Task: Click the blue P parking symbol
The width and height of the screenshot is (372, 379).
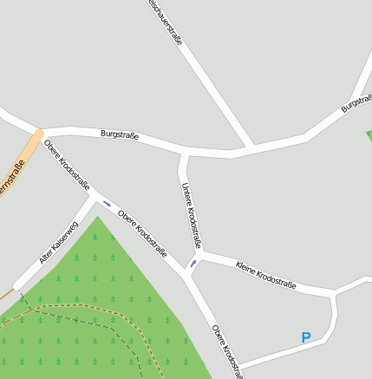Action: click(x=305, y=338)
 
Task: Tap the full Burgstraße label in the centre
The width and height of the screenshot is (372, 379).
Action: click(x=120, y=134)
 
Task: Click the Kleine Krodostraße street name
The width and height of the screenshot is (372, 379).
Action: click(x=266, y=274)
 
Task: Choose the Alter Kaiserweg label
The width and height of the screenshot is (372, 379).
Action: click(x=59, y=243)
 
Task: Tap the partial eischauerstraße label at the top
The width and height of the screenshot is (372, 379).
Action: click(x=165, y=22)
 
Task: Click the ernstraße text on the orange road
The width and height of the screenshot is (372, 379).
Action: click(x=11, y=179)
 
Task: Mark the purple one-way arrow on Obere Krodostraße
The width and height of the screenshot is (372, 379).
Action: click(x=108, y=204)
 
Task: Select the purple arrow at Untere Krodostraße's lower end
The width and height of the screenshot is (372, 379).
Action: click(x=193, y=263)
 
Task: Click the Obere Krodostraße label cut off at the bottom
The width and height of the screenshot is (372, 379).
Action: click(x=225, y=352)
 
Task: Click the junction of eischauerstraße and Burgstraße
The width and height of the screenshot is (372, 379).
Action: click(x=251, y=147)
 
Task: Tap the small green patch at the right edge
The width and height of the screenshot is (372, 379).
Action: click(x=369, y=135)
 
